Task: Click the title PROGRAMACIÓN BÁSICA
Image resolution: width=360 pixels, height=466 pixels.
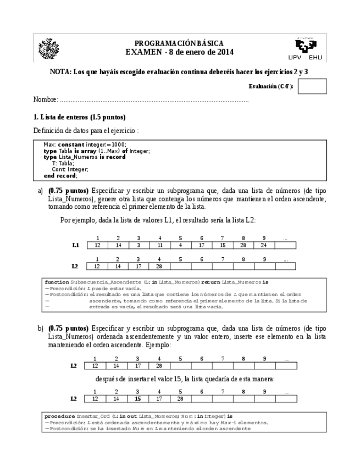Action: [179, 43]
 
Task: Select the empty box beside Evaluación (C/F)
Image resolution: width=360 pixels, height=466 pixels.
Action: [312, 86]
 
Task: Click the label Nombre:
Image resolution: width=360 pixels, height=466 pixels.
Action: [46, 100]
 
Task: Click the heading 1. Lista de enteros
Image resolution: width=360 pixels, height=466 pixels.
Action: [79, 117]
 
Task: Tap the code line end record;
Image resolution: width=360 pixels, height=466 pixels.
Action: [60, 175]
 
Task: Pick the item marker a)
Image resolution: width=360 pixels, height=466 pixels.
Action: [40, 191]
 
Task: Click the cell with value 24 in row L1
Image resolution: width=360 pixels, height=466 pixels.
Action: [264, 245]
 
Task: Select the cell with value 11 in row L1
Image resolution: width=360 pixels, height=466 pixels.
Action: [159, 245]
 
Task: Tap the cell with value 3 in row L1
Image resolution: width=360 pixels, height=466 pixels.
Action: [139, 245]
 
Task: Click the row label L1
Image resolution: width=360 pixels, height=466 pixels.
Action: [76, 245]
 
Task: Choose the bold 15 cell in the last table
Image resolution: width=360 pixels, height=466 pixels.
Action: [139, 398]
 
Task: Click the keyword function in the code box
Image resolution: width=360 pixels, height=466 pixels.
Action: [57, 281]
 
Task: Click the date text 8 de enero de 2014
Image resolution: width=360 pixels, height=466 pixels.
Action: [200, 52]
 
